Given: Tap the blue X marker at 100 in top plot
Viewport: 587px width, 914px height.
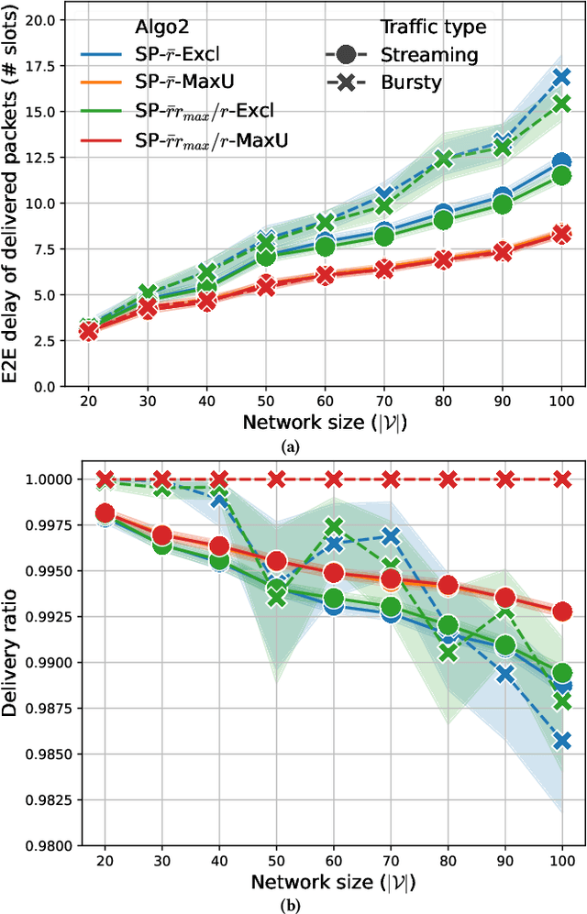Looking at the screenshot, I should click(561, 77).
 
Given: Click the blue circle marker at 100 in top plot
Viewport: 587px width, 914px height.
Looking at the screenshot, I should click(561, 163).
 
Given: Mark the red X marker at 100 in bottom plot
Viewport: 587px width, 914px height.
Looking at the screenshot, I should click(561, 479).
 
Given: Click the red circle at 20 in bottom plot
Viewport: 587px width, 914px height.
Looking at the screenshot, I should click(105, 513).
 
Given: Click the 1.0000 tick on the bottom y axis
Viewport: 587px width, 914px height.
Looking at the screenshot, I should click(46, 479).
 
